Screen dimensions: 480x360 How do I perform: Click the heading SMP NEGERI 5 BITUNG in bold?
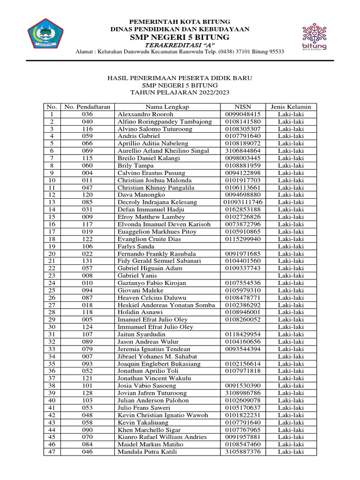[x=180, y=37]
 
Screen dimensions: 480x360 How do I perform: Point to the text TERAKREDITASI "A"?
[x=180, y=45]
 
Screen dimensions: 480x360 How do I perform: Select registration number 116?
[x=88, y=129]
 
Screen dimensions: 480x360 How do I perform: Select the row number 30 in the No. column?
[x=52, y=327]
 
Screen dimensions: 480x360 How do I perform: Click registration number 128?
[x=88, y=393]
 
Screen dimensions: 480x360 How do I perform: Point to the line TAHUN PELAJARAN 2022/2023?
[x=180, y=93]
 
